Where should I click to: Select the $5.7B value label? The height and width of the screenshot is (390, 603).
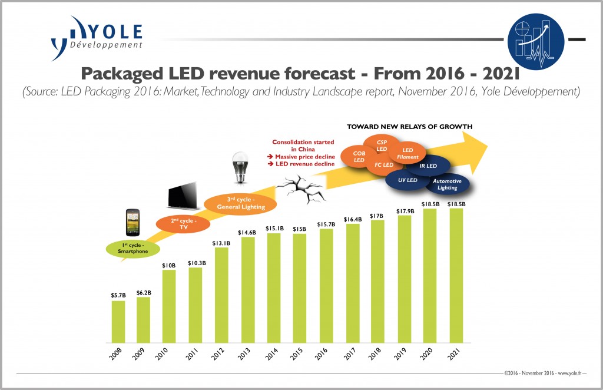(118, 295)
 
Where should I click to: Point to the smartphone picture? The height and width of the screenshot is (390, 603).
(134, 222)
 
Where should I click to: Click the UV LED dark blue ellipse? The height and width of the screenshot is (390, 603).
(408, 180)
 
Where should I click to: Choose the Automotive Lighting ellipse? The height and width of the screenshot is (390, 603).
(447, 184)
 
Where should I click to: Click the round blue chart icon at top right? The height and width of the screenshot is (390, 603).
(534, 39)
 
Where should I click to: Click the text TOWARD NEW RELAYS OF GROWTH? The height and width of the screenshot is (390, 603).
(409, 126)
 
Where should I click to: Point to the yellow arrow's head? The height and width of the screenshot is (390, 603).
(474, 147)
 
